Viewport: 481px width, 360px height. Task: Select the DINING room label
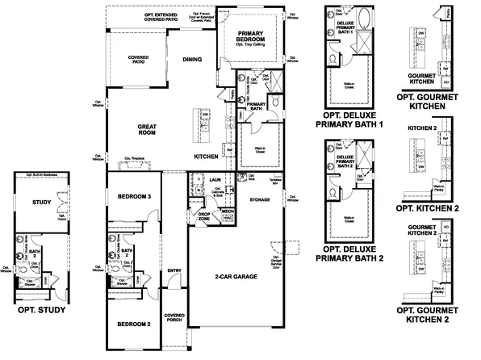192,59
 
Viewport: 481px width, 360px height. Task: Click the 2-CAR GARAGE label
235,277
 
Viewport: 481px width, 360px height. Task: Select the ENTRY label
174,270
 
